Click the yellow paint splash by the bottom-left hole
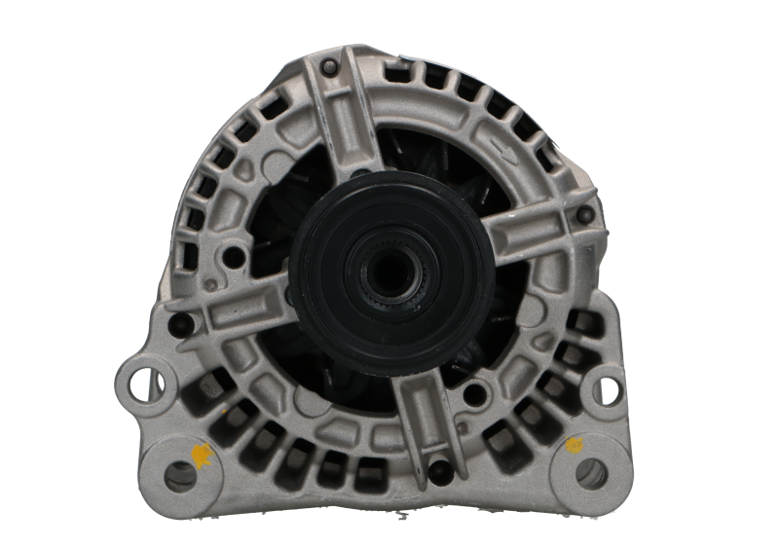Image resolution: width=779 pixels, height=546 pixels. point(204,453)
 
